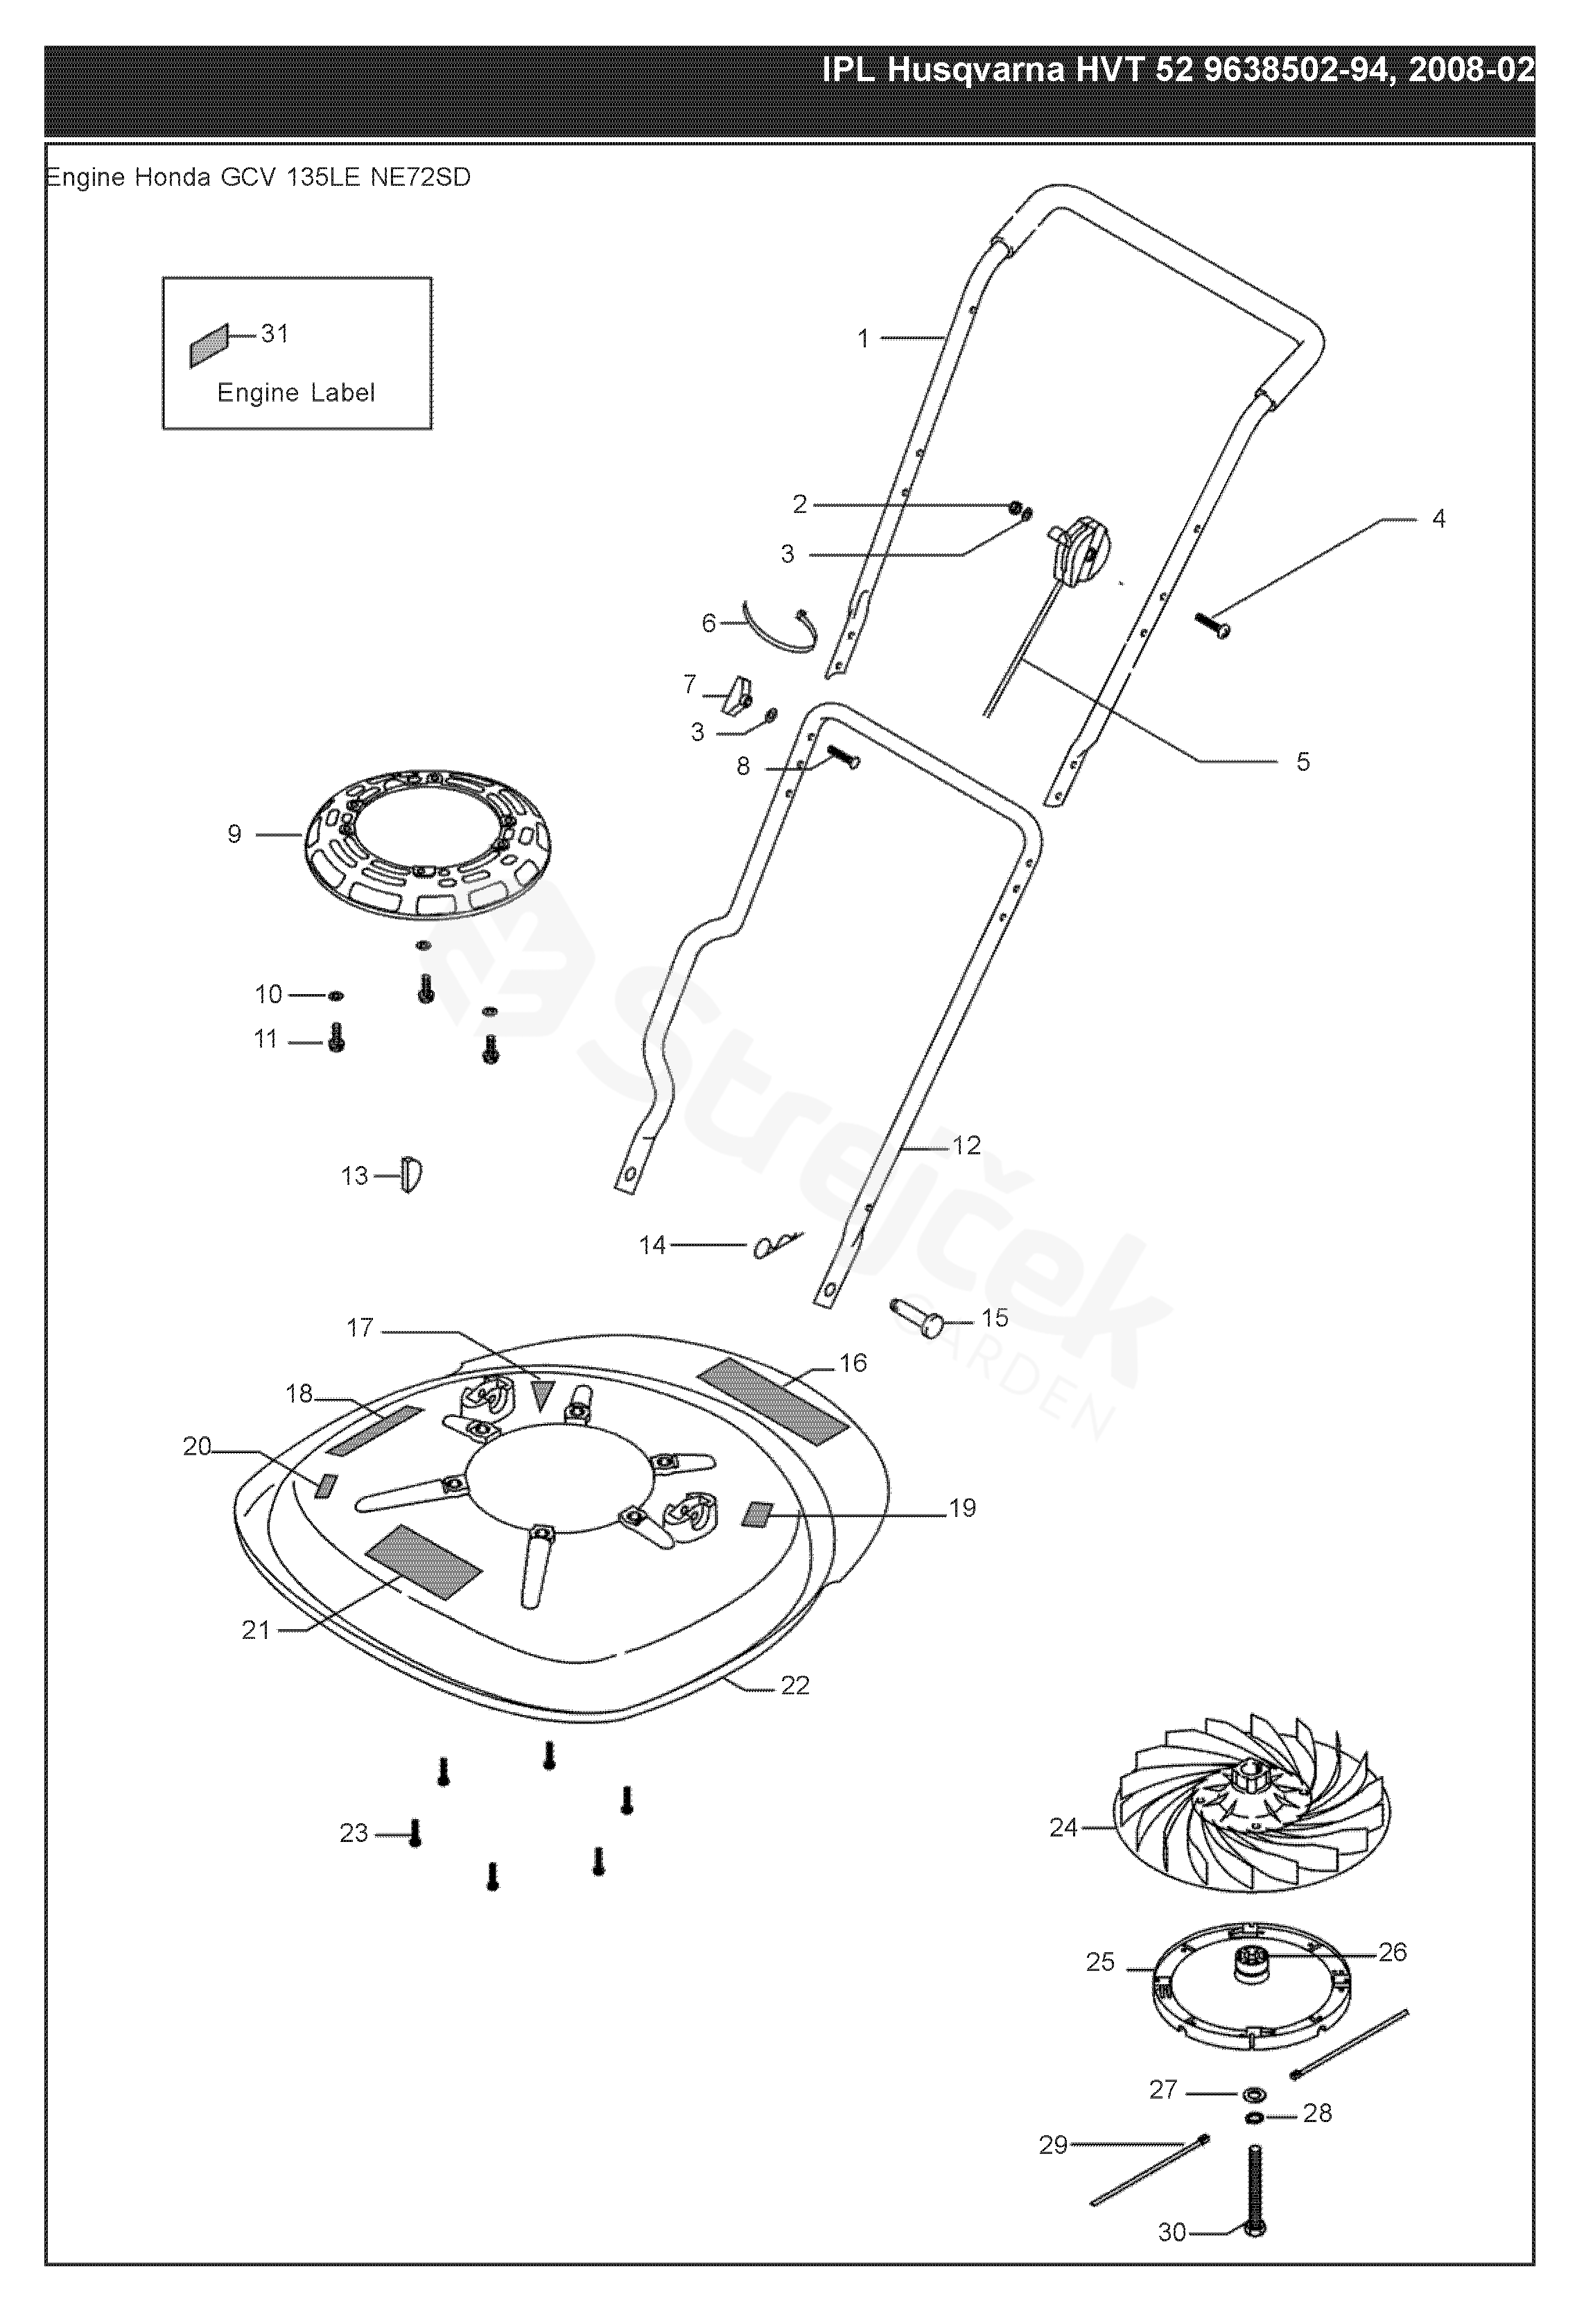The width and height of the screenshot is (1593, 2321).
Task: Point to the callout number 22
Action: click(795, 1686)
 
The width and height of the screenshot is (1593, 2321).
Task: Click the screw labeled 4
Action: click(1212, 625)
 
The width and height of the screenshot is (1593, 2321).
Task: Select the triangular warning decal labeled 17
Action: click(541, 1392)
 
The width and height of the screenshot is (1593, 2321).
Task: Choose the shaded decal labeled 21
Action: click(424, 1562)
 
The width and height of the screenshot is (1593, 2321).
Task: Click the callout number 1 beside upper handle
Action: click(863, 340)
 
